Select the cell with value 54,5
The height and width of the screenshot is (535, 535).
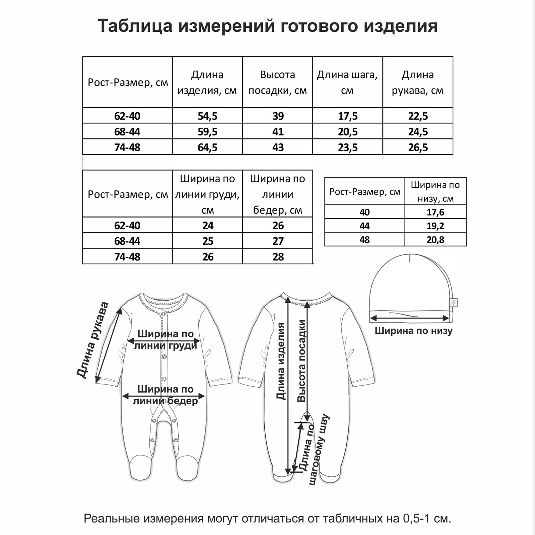point(208,116)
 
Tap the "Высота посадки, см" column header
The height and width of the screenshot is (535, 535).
point(277,82)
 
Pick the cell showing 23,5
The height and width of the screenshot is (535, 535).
point(348,147)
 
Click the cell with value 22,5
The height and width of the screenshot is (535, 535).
point(418,116)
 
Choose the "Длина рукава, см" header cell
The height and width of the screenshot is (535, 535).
point(418,82)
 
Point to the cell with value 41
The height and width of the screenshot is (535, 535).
point(278,132)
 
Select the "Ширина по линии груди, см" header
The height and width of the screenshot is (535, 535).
point(207,194)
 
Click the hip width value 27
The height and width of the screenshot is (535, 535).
point(278,241)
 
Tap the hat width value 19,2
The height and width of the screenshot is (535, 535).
point(435,226)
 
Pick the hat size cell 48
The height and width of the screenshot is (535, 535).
point(365,240)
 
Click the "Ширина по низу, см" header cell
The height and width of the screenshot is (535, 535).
point(435,192)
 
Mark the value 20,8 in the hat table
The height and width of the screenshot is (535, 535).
point(435,240)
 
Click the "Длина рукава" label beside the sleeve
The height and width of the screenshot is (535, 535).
point(92,340)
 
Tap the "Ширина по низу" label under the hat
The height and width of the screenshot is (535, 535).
point(413,331)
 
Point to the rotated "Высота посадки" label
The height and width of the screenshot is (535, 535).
point(302,361)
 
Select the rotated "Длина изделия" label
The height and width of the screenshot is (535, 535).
point(281,361)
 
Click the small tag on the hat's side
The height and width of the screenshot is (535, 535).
point(454,302)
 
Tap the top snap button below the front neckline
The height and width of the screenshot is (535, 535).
point(164,314)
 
